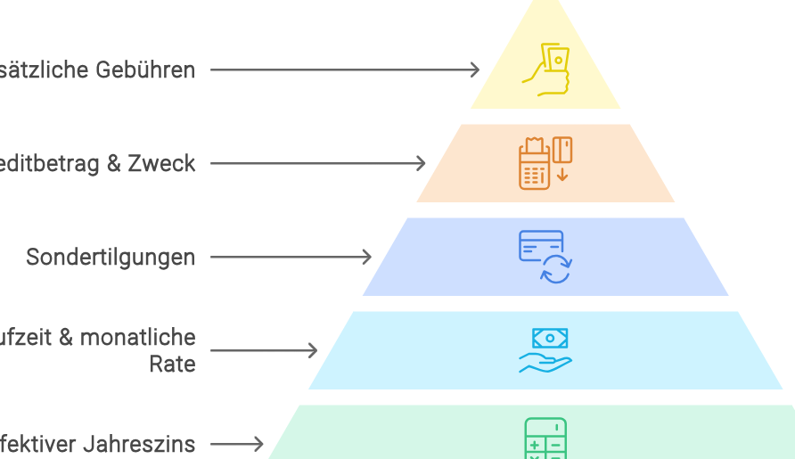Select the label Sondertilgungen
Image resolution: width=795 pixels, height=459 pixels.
tap(110, 258)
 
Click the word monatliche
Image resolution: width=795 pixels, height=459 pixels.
tap(137, 338)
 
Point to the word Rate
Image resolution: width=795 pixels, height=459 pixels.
tap(172, 364)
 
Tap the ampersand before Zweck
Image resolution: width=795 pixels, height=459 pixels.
tap(111, 164)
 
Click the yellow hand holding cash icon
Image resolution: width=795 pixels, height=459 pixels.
tap(545, 70)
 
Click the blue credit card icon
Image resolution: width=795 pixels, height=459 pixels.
tap(541, 245)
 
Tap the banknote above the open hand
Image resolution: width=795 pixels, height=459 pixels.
tap(550, 338)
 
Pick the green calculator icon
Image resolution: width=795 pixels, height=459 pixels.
tap(545, 439)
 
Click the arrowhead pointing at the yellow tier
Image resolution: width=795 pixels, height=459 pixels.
tap(475, 70)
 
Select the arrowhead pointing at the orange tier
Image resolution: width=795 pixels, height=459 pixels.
tap(422, 163)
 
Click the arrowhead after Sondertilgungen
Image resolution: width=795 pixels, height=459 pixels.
tap(367, 257)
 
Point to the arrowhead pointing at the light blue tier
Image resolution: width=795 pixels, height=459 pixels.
tap(313, 350)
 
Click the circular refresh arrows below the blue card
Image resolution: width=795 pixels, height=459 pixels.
tap(556, 269)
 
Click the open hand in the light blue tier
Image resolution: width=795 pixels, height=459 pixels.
tap(545, 363)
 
